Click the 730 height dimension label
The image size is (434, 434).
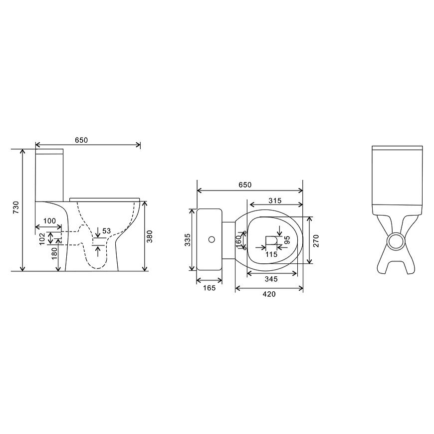click(16, 207)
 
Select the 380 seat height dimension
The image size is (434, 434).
click(150, 236)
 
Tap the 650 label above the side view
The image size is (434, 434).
click(81, 140)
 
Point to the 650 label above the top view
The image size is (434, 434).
click(245, 185)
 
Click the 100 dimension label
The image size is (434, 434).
click(49, 221)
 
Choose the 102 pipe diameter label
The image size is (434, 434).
click(42, 238)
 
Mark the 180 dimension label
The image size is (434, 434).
click(54, 253)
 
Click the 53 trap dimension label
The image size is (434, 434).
click(106, 231)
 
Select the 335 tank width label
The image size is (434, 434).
click(188, 239)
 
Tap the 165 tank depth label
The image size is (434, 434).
click(209, 288)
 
